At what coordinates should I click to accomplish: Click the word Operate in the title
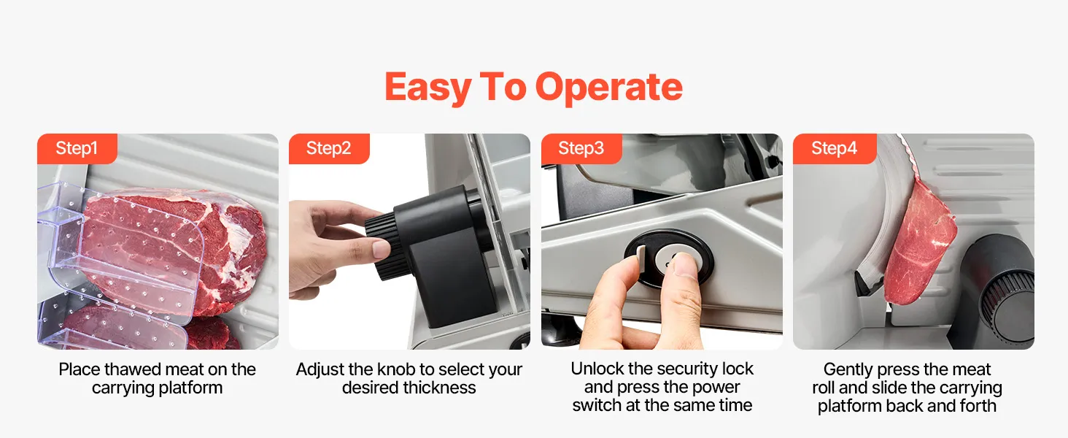tap(609, 88)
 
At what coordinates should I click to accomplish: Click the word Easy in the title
tap(428, 88)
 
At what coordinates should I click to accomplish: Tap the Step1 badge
tap(77, 148)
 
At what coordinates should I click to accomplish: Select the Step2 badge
tap(329, 148)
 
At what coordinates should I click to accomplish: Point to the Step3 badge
tap(581, 148)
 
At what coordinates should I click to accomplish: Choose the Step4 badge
tap(835, 148)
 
